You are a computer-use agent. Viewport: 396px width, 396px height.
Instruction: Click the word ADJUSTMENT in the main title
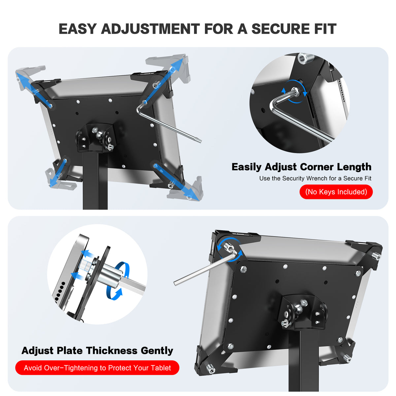pyautogui.click(x=150, y=29)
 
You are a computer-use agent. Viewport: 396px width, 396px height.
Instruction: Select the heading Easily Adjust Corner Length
pyautogui.click(x=301, y=167)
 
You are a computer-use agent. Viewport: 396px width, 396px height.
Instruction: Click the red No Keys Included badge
pyautogui.click(x=336, y=192)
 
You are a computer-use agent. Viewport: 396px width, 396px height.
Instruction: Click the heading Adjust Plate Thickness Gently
pyautogui.click(x=97, y=350)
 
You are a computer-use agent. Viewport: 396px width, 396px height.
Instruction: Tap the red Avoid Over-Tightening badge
pyautogui.click(x=97, y=368)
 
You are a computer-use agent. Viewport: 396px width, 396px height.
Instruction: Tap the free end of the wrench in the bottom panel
pyautogui.click(x=176, y=282)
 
